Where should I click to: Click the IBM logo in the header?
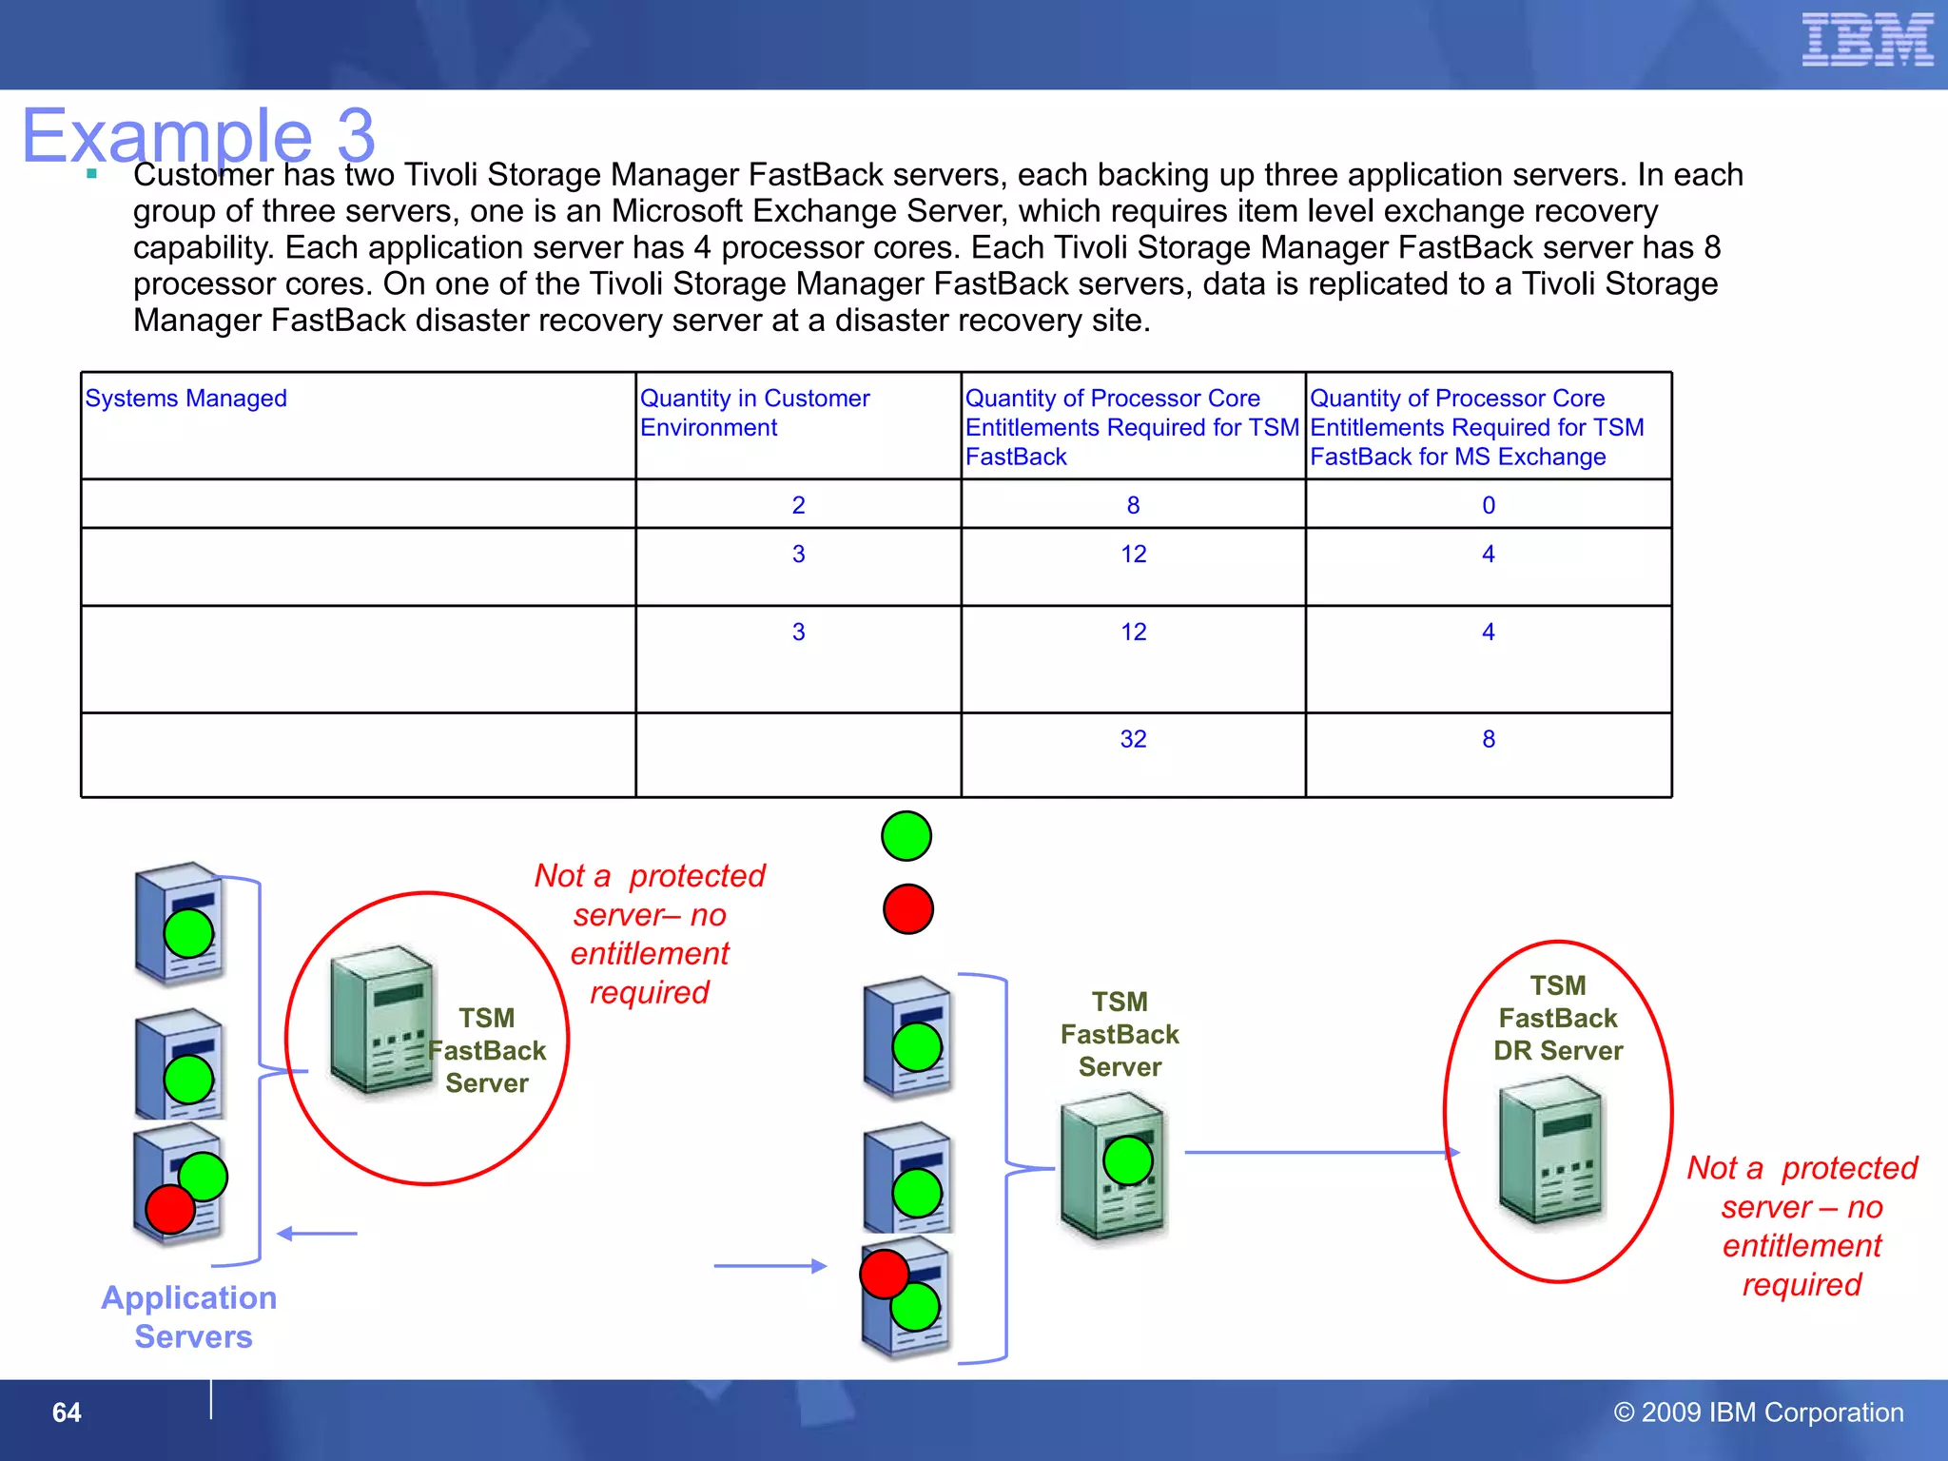pyautogui.click(x=1866, y=40)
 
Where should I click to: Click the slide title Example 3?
pyautogui.click(x=199, y=135)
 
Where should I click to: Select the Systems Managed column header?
pyautogui.click(x=186, y=399)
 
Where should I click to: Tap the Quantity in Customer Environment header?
pyautogui.click(x=754, y=413)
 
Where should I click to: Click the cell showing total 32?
pyautogui.click(x=1133, y=740)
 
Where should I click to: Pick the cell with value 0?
pyautogui.click(x=1488, y=506)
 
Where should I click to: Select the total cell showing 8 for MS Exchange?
pyautogui.click(x=1488, y=740)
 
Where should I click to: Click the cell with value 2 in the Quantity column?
pyautogui.click(x=798, y=506)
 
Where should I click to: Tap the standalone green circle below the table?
pyautogui.click(x=906, y=836)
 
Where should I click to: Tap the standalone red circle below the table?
pyautogui.click(x=907, y=909)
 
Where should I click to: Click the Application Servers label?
pyautogui.click(x=190, y=1317)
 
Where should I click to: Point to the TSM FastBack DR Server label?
pyautogui.click(x=1557, y=1019)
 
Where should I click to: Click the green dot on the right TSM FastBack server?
pyautogui.click(x=1128, y=1160)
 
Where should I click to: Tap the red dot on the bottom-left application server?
pyautogui.click(x=170, y=1210)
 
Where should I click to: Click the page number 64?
pyautogui.click(x=67, y=1412)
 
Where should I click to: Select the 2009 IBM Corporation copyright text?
pyautogui.click(x=1759, y=1412)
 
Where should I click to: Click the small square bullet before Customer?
pyautogui.click(x=91, y=174)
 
